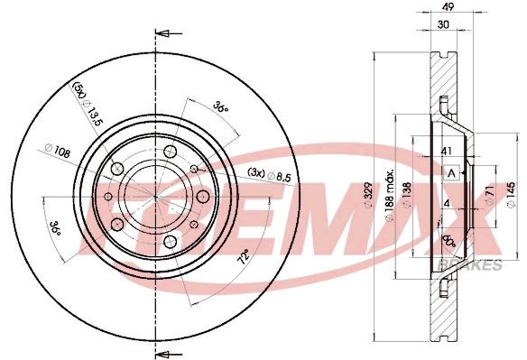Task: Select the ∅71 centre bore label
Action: tap(486, 195)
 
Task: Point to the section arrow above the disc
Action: tap(163, 35)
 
